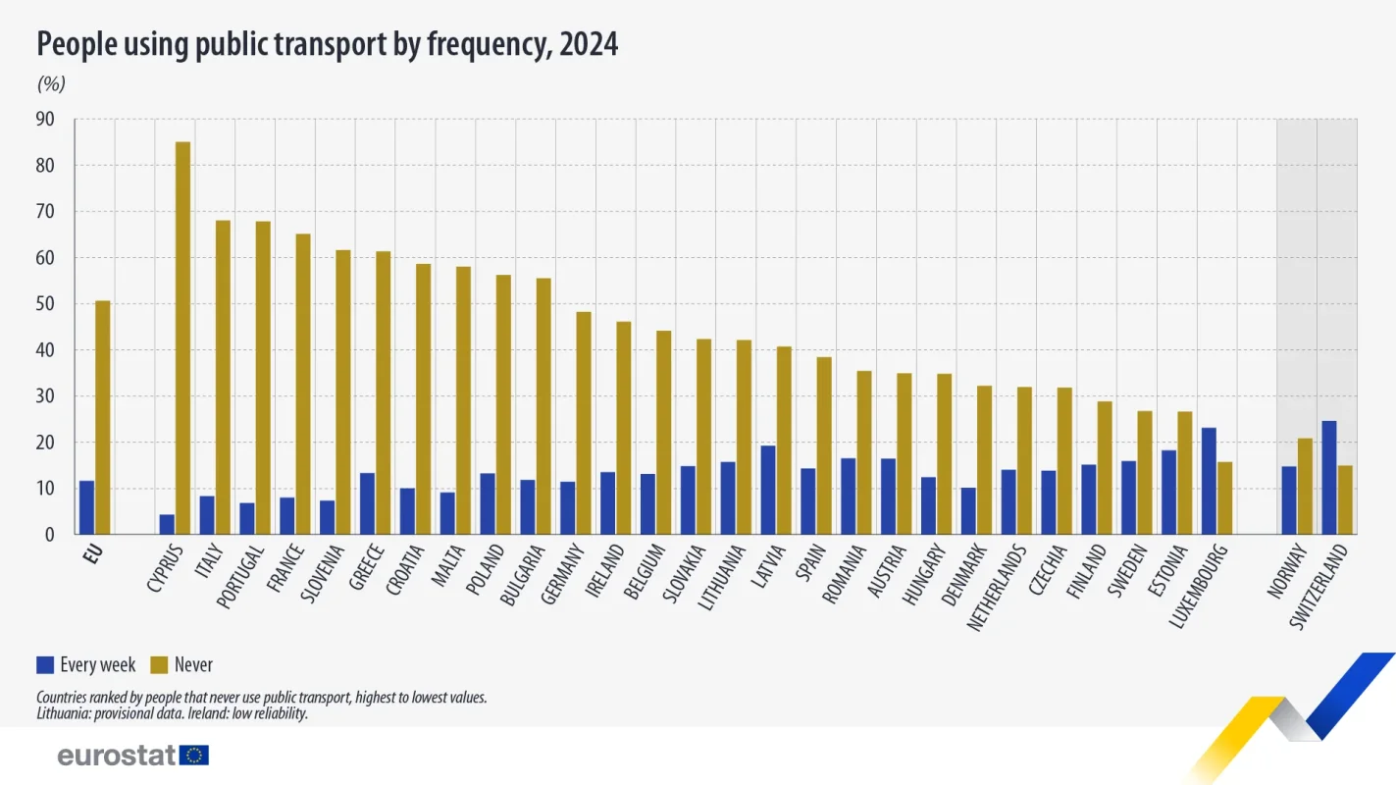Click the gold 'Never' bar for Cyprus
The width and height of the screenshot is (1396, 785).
[x=182, y=339]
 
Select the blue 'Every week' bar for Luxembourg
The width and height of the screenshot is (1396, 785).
[x=1209, y=481]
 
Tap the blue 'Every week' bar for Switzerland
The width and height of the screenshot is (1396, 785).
[x=1329, y=478]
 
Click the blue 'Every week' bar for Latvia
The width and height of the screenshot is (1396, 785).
[x=768, y=490]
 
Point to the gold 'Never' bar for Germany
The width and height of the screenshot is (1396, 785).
[x=583, y=423]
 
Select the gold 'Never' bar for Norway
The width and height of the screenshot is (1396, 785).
[x=1305, y=486]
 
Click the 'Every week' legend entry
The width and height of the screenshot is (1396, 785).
[x=86, y=665]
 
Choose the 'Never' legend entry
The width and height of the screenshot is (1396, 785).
[x=181, y=665]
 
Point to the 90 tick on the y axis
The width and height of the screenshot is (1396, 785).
[x=45, y=120]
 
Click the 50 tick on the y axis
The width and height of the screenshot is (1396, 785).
[x=45, y=304]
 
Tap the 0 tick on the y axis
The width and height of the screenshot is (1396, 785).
[x=49, y=535]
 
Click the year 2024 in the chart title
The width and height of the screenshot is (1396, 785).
[x=589, y=44]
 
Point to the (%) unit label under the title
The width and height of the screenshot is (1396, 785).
[x=51, y=84]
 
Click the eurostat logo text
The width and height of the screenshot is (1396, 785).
[x=117, y=755]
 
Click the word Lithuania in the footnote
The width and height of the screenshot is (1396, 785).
[x=62, y=713]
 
